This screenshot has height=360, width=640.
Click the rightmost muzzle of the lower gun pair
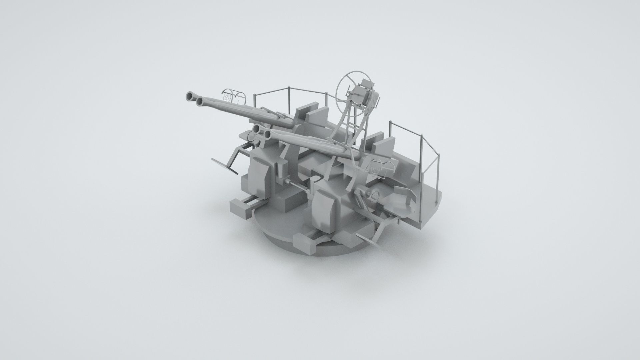[x=268, y=134]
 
